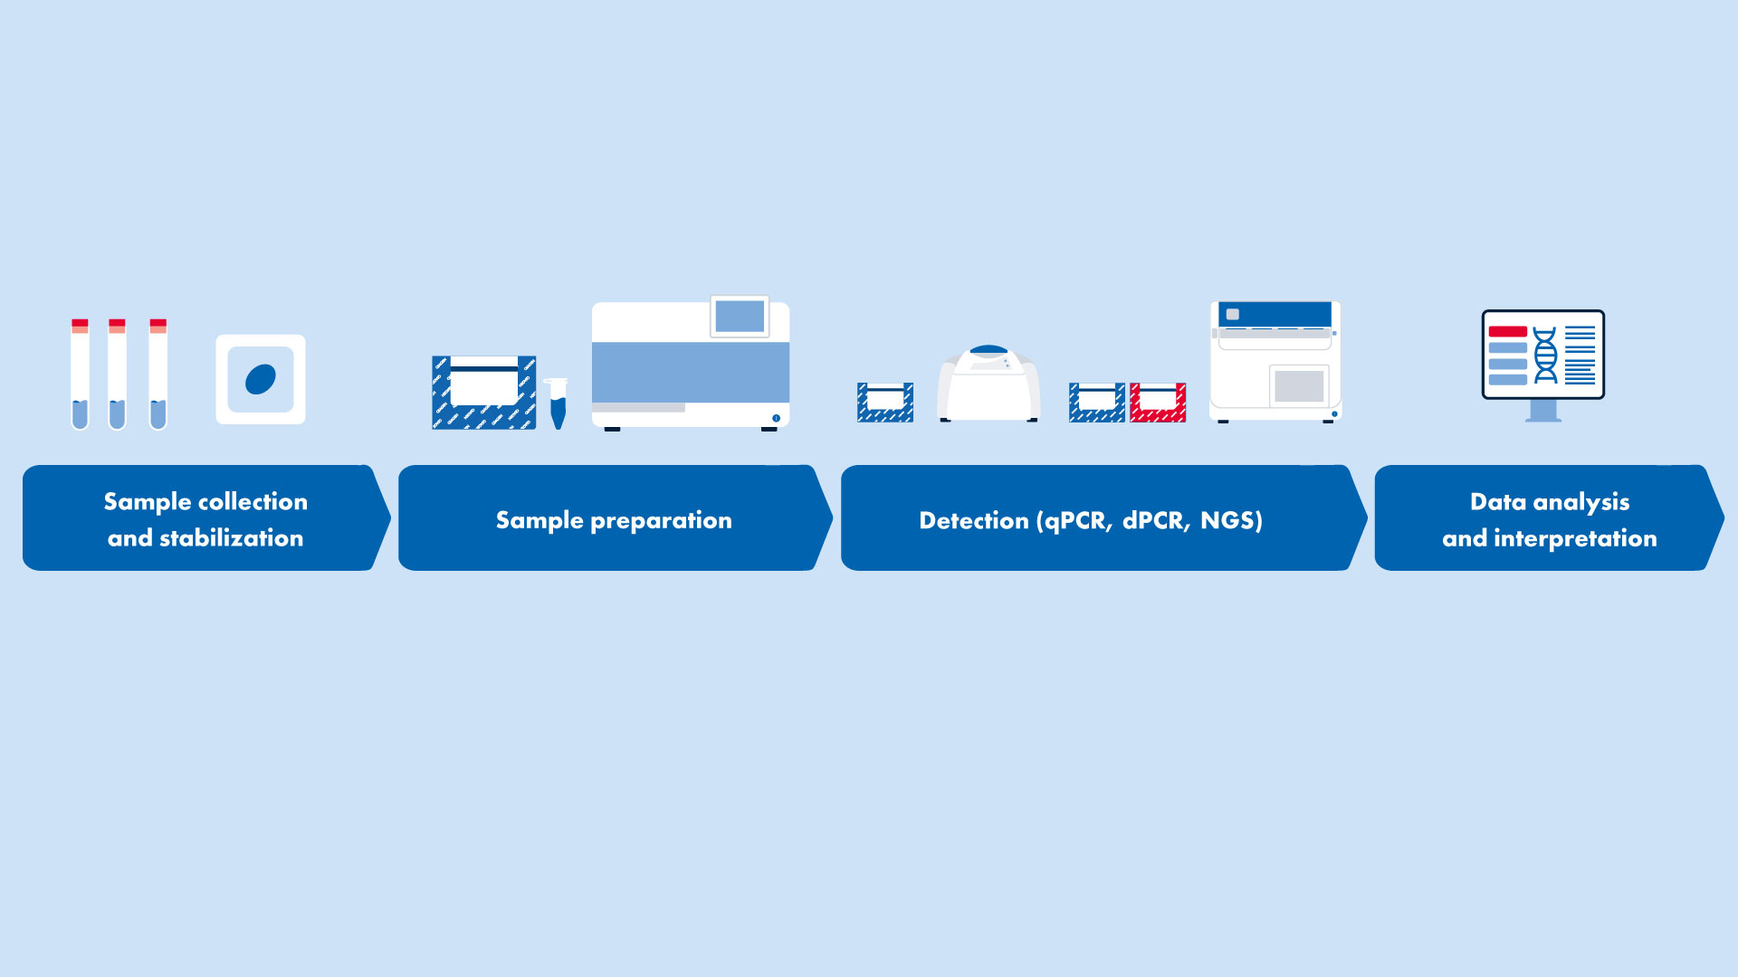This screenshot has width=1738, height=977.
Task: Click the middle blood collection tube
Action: click(117, 374)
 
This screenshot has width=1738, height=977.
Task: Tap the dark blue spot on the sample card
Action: click(261, 379)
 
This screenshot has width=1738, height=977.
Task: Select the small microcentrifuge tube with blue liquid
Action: click(558, 403)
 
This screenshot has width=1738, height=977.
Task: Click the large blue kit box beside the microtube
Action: click(484, 393)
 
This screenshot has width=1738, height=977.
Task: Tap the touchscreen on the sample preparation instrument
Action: click(740, 317)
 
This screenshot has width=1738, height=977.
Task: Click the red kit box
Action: click(1158, 403)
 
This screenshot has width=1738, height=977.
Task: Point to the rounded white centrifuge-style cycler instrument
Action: click(988, 384)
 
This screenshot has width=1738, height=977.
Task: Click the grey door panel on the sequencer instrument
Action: click(1299, 386)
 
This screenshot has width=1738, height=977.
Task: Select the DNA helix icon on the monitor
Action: click(1545, 356)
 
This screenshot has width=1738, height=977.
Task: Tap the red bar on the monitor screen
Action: click(1507, 332)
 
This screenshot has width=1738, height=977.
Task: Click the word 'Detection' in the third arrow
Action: click(974, 520)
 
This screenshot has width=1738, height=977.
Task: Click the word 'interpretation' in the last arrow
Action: click(1575, 538)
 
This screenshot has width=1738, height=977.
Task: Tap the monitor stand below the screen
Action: click(1543, 411)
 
